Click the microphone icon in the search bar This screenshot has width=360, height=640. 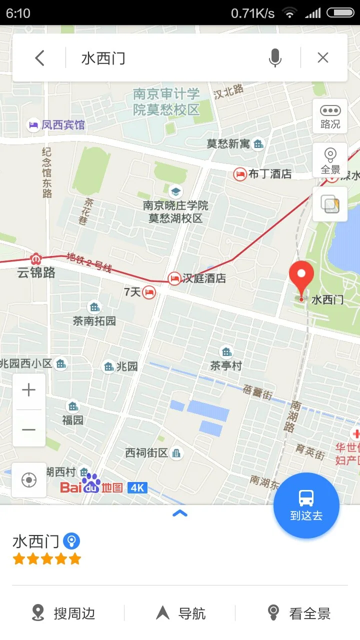tap(274, 58)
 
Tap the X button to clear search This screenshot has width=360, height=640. tap(323, 58)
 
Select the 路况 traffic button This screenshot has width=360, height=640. tap(330, 117)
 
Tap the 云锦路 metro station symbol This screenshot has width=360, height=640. tap(35, 259)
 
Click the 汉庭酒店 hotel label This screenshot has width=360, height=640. tap(204, 278)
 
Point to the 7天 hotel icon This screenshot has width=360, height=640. tap(149, 292)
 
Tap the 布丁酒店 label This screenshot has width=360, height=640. tap(270, 174)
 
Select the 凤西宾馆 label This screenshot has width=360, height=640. tap(63, 124)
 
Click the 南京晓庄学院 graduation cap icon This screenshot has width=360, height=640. tap(175, 191)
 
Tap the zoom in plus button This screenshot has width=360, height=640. tap(29, 390)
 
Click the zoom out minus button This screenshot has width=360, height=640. tap(29, 429)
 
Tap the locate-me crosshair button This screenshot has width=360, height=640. tap(29, 480)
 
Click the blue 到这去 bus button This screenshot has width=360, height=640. tap(306, 505)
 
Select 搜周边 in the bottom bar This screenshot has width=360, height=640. tap(63, 613)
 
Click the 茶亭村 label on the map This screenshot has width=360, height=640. tap(226, 365)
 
